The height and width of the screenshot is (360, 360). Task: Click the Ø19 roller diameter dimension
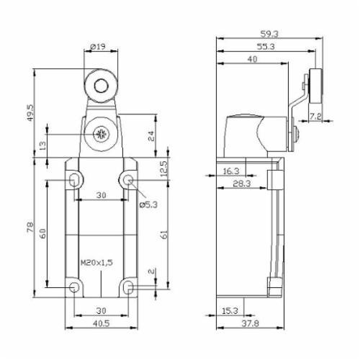99,46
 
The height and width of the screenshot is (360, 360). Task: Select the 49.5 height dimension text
30,112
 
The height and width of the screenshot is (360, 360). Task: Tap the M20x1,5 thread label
96,263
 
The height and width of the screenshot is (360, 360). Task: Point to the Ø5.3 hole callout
148,204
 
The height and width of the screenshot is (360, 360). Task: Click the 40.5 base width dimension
101,323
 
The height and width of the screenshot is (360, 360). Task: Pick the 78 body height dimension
30,227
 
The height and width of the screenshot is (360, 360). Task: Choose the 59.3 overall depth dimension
269,34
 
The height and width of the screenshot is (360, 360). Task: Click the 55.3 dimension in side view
266,47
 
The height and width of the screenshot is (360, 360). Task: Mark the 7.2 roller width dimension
315,117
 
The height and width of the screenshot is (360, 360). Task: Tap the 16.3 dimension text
231,171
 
